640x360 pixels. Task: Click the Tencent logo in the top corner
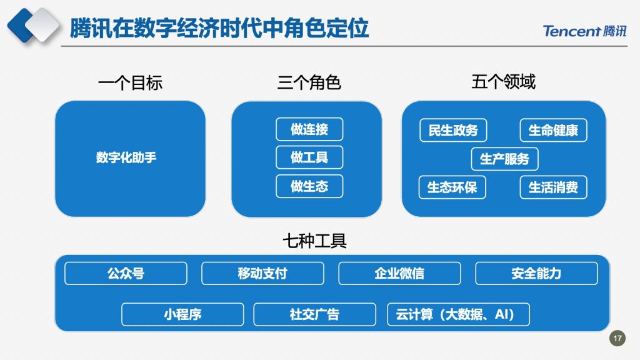point(584,31)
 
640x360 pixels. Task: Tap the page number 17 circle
point(617,338)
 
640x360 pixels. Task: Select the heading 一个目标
point(130,83)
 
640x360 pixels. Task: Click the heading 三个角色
point(309,82)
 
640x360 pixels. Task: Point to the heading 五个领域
point(503,82)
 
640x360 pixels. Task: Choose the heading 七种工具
point(315,241)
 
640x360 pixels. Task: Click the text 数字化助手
point(126,157)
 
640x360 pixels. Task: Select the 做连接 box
point(309,129)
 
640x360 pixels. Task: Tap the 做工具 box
point(309,157)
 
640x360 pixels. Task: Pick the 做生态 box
point(309,186)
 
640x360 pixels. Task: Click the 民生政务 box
point(453,130)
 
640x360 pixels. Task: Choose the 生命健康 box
point(554,130)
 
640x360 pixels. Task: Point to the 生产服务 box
point(504,159)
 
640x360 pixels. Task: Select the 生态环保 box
point(452,187)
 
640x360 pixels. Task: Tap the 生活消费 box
point(554,187)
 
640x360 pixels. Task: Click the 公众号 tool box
point(126,274)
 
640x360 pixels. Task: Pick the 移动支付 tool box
point(263,274)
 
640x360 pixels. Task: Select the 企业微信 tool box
point(399,274)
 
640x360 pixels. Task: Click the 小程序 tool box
point(182,314)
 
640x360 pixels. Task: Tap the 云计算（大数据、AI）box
point(458,314)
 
